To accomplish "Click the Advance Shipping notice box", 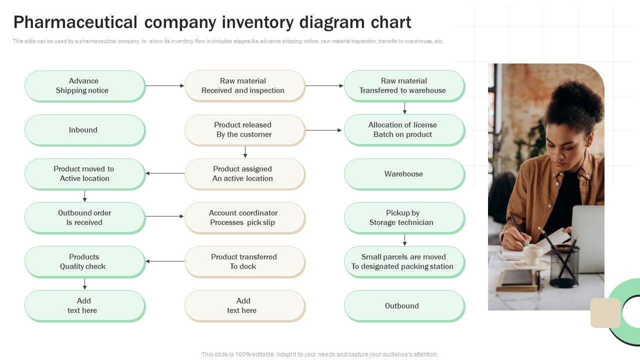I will [84, 86].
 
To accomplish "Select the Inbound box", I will [84, 130].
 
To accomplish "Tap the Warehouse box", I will [404, 174].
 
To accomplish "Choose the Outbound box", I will [404, 306].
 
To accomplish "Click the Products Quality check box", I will [84, 262].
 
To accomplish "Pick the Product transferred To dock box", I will [244, 262].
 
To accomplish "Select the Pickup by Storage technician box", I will [404, 218].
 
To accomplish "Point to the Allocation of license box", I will [404, 130].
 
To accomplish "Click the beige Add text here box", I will [244, 306].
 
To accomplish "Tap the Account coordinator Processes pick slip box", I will [244, 218].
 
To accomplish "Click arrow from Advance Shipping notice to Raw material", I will [165, 86].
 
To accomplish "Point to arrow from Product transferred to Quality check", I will [165, 261].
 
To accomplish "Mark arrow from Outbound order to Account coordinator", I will [165, 216].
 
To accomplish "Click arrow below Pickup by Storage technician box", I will [404, 240].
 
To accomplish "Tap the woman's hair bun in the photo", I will [575, 102].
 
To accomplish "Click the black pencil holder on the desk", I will [564, 265].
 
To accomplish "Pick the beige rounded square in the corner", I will [605, 313].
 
